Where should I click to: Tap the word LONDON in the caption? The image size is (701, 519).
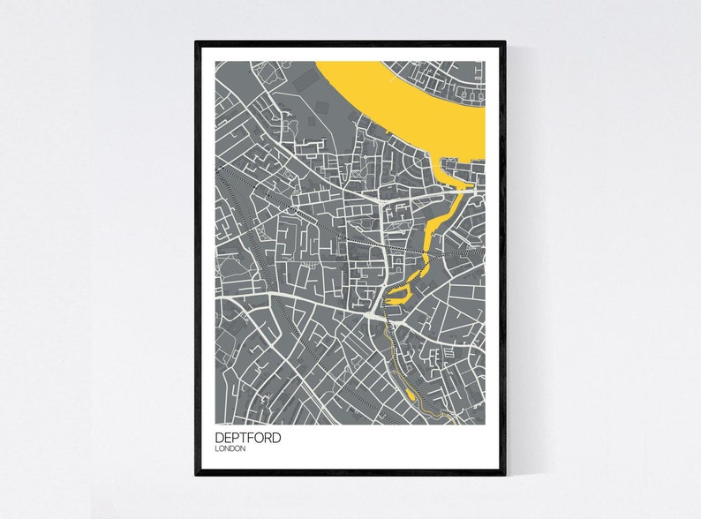(x=230, y=449)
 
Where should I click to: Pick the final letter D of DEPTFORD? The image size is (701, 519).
(x=277, y=437)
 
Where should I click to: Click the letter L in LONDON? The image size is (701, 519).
(x=217, y=449)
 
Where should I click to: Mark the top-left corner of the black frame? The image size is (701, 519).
(x=197, y=41)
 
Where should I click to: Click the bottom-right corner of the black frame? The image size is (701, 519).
(x=504, y=474)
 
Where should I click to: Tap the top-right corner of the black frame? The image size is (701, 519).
(x=504, y=41)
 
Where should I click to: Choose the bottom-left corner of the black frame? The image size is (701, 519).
(x=197, y=474)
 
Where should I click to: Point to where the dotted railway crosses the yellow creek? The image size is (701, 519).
(x=426, y=252)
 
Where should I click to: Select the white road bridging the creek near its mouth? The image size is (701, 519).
(x=463, y=189)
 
